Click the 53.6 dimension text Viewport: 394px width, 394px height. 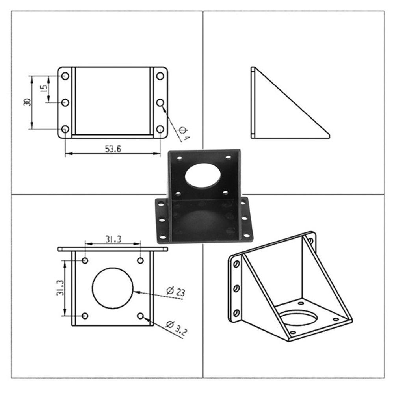click(113, 149)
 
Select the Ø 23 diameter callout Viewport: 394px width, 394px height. click(175, 292)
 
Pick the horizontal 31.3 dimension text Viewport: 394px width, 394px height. click(113, 239)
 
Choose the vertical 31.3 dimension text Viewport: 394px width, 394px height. click(59, 288)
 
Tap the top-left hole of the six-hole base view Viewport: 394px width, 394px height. click(65, 76)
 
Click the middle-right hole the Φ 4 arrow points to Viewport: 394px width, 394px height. click(160, 102)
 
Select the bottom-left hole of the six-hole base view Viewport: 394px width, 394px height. click(65, 129)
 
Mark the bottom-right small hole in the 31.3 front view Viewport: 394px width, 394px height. click(141, 316)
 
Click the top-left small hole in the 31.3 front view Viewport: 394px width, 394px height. click(85, 260)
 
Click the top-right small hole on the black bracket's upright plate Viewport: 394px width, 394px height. click(228, 158)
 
